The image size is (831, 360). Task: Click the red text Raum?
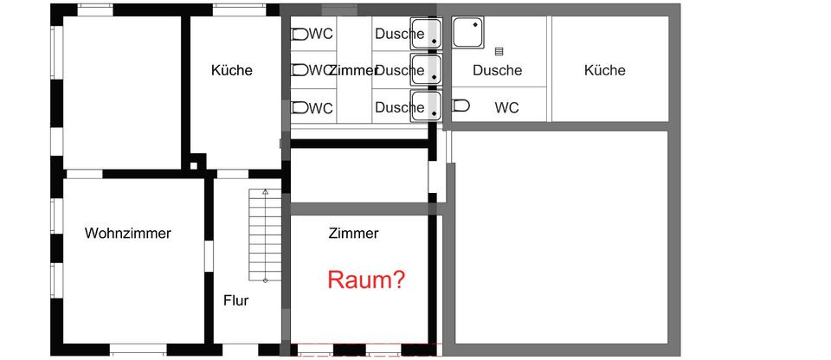pyautogui.click(x=366, y=280)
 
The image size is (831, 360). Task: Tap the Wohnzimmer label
pyautogui.click(x=128, y=233)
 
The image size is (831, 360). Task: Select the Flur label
pyautogui.click(x=235, y=300)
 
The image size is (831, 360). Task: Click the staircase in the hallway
pyautogui.click(x=265, y=235)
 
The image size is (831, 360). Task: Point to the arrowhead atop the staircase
pyautogui.click(x=265, y=191)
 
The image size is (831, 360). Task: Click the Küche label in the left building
pyautogui.click(x=231, y=70)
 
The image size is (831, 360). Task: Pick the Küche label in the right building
pyautogui.click(x=604, y=70)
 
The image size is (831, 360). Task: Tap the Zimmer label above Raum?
pyautogui.click(x=353, y=233)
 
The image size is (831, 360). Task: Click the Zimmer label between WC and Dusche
pyautogui.click(x=353, y=70)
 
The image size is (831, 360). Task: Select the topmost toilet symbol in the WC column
pyautogui.click(x=300, y=35)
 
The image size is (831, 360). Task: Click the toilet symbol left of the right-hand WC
pyautogui.click(x=461, y=106)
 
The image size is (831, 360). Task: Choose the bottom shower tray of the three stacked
pyautogui.click(x=426, y=105)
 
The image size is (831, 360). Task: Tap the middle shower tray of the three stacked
pyautogui.click(x=426, y=69)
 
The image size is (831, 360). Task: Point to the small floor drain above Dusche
pyautogui.click(x=499, y=52)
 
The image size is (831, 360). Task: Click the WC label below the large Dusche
pyautogui.click(x=506, y=108)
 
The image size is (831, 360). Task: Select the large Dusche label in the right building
pyautogui.click(x=497, y=70)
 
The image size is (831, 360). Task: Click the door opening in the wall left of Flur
pyautogui.click(x=209, y=257)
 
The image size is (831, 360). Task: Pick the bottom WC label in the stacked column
pyautogui.click(x=320, y=108)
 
